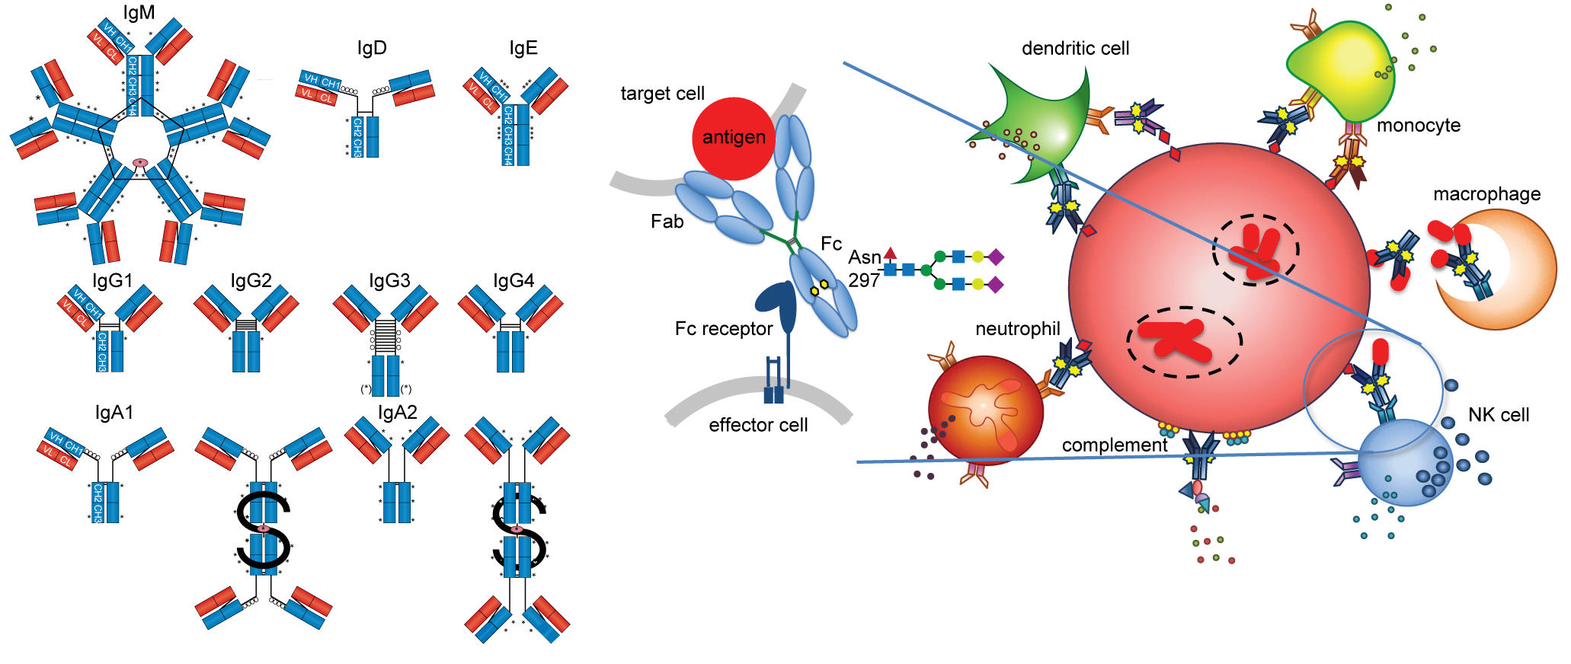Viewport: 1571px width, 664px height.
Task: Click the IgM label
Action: [139, 13]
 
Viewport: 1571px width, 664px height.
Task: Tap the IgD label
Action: [372, 48]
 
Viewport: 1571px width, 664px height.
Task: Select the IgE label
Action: [523, 48]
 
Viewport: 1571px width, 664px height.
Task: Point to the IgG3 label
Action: [389, 281]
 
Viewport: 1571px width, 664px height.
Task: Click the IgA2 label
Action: [398, 413]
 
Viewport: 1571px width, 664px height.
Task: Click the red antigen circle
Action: [733, 138]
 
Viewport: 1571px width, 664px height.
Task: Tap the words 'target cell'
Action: [662, 94]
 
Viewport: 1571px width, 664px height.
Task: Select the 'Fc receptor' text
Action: [723, 329]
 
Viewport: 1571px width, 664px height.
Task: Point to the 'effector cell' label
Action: [758, 425]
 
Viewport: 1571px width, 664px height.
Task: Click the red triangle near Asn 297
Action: [890, 253]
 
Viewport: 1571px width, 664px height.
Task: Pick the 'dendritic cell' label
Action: [1075, 49]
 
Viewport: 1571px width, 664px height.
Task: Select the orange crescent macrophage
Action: [1516, 274]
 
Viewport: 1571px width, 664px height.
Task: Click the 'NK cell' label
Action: [1499, 415]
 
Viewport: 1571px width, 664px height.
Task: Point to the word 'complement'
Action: [1115, 445]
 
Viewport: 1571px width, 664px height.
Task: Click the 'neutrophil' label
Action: [1017, 329]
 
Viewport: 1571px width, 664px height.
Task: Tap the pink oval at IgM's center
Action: [140, 162]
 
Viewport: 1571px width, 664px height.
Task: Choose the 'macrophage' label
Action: [1486, 194]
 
